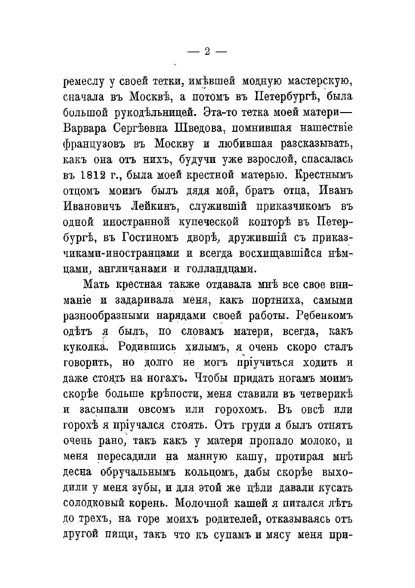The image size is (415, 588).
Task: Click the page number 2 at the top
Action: click(x=207, y=51)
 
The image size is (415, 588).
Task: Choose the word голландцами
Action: click(x=220, y=270)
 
